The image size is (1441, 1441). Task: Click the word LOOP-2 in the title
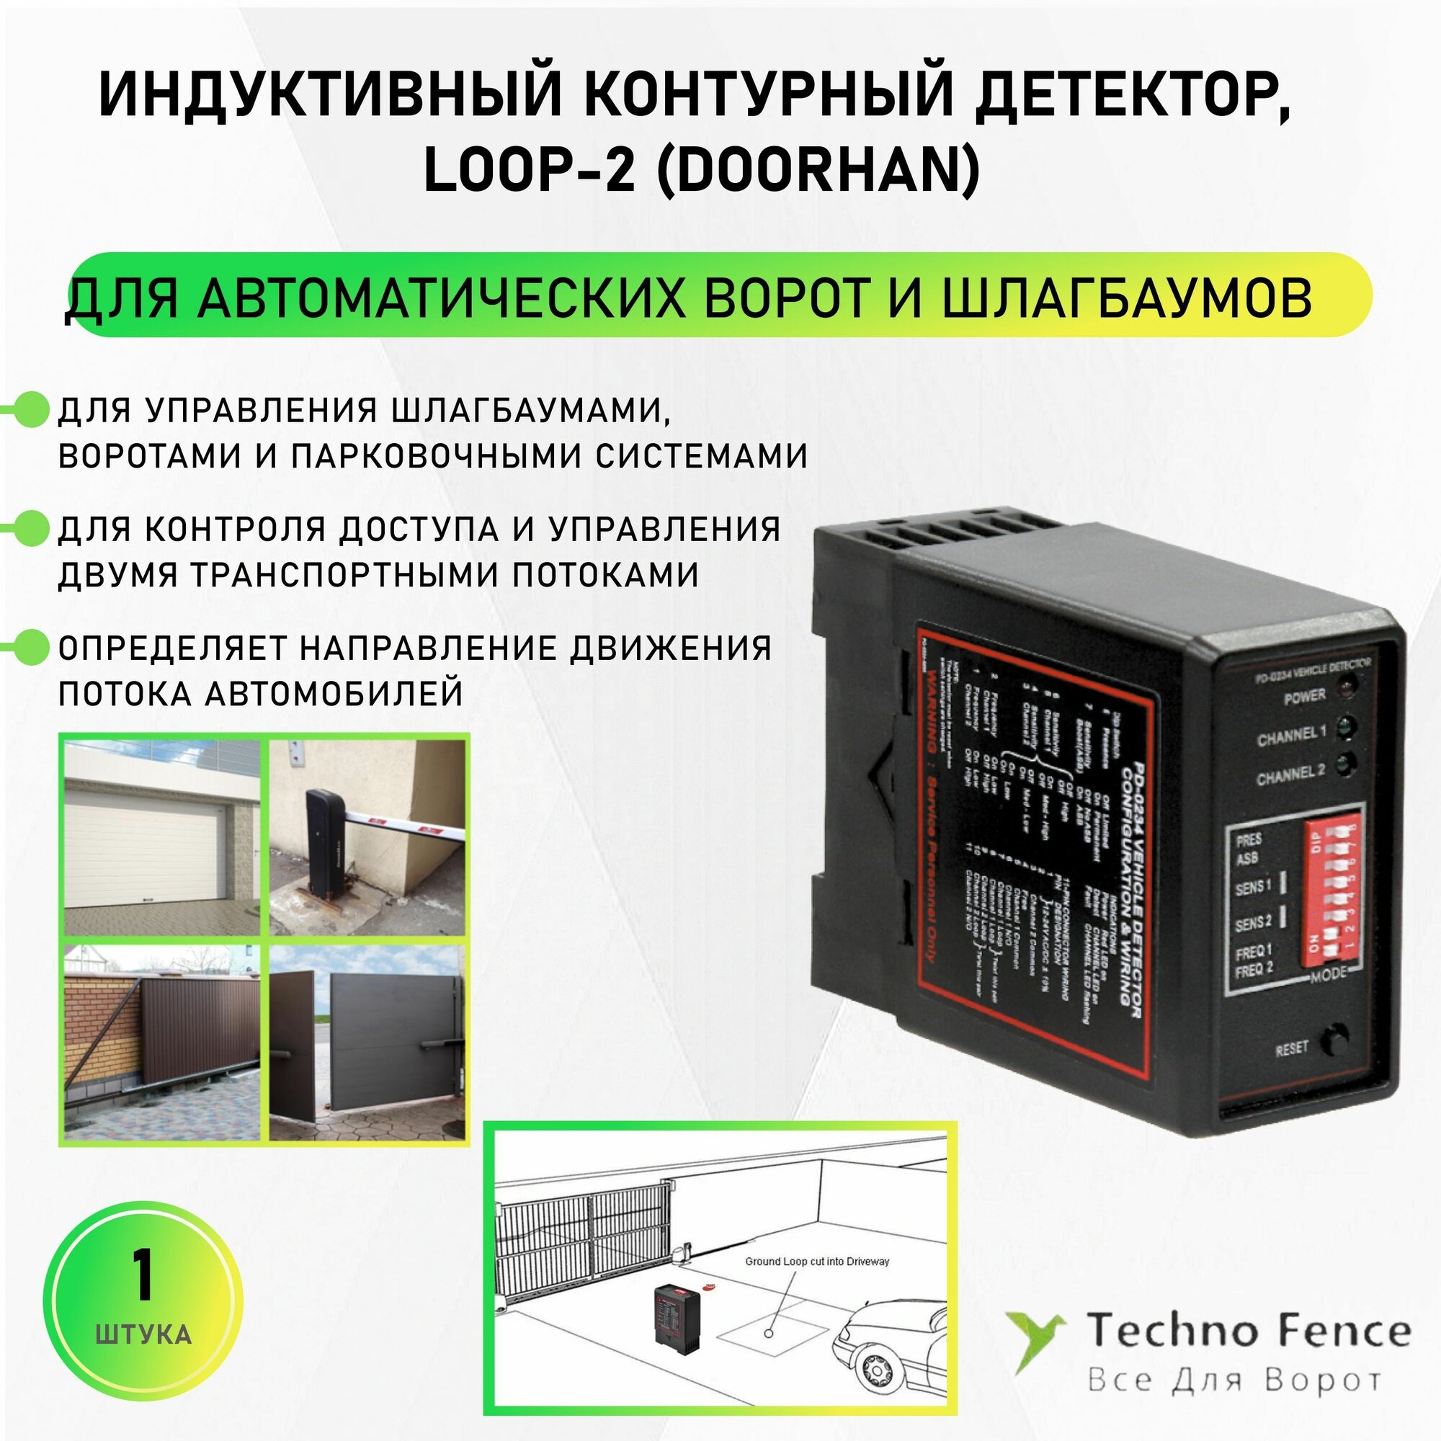529,169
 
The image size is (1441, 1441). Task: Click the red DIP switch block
1331,891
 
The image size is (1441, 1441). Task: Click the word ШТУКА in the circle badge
143,1334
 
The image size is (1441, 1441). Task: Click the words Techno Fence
1248,1332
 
